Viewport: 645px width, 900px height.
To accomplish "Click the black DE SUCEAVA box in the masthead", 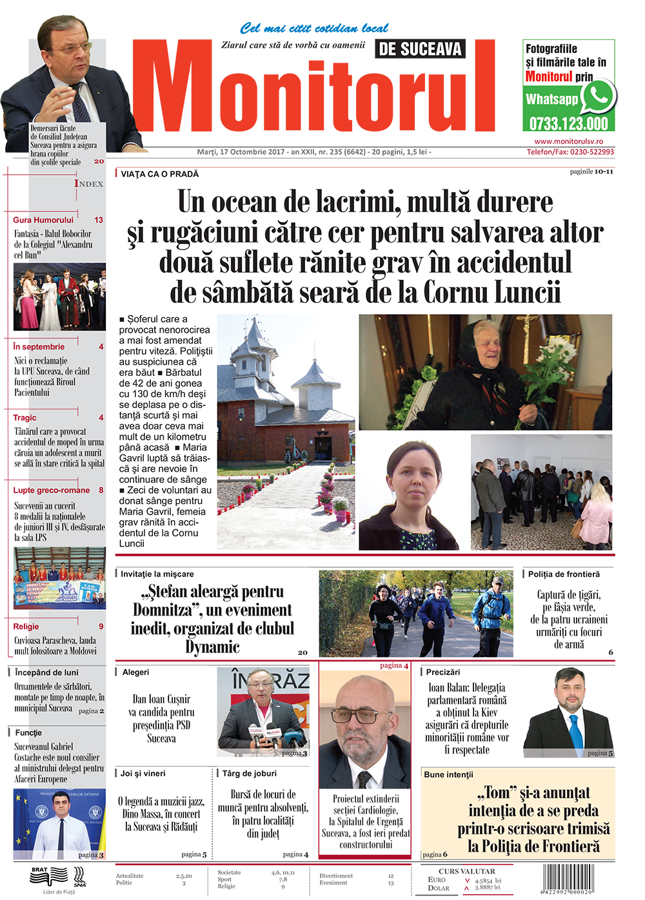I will (x=420, y=49).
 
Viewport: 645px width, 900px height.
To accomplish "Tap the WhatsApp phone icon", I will (x=598, y=97).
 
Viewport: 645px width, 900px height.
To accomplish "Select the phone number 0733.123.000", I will (x=568, y=123).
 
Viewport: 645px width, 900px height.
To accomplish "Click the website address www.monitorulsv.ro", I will (x=568, y=141).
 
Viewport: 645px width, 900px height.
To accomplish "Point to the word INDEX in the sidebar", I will (x=88, y=184).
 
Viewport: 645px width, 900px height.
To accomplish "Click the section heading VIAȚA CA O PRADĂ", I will (x=160, y=174).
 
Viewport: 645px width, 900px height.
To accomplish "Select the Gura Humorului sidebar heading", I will (x=43, y=220).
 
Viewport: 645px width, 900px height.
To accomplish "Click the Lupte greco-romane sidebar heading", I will (x=52, y=490).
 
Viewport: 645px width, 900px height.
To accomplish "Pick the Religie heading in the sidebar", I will (x=26, y=626).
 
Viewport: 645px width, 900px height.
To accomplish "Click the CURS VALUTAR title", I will (x=467, y=871).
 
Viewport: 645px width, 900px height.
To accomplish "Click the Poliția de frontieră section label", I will (x=564, y=574).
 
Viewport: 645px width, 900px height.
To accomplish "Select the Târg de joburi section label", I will (x=250, y=773).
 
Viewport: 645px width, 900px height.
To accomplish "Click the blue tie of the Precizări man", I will (x=575, y=732).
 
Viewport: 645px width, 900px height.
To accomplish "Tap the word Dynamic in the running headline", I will (x=212, y=647).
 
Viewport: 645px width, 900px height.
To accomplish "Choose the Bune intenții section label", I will (x=448, y=774).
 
